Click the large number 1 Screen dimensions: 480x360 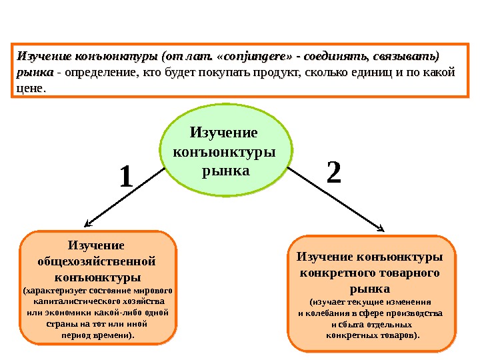(x=127, y=178)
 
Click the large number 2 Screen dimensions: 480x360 (x=334, y=173)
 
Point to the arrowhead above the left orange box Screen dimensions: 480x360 (x=85, y=225)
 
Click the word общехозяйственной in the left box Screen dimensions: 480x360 (x=99, y=260)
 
